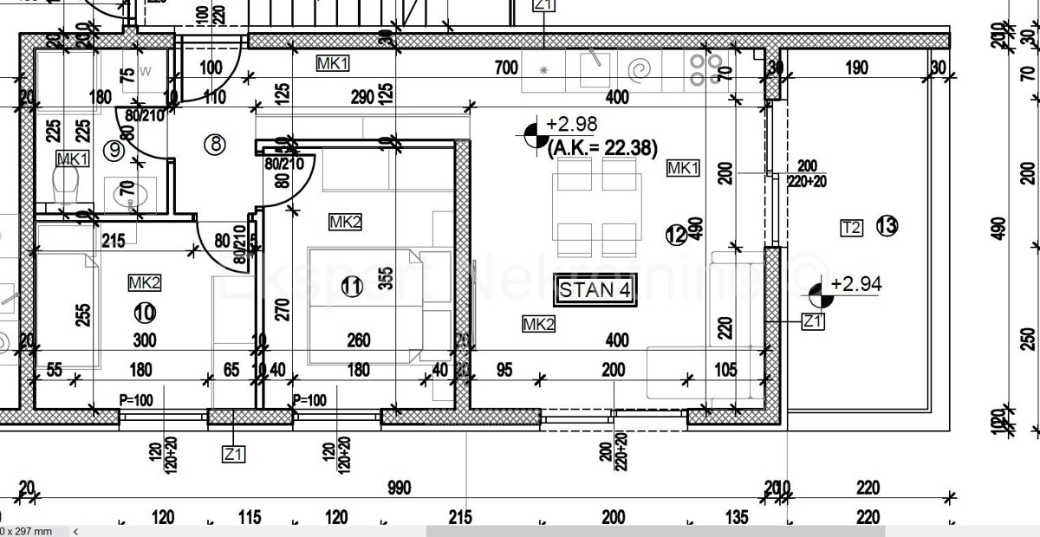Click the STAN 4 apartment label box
point(595,290)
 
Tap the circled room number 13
point(887,227)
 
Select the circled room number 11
point(352,287)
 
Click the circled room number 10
point(144,310)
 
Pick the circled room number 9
point(114,149)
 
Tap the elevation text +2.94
point(856,283)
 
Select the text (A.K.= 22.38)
point(602,148)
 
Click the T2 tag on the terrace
point(851,228)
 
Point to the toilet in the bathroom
point(66,184)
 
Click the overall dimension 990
point(399,489)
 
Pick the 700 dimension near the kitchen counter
point(506,68)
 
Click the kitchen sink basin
point(595,67)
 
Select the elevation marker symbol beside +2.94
point(821,296)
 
